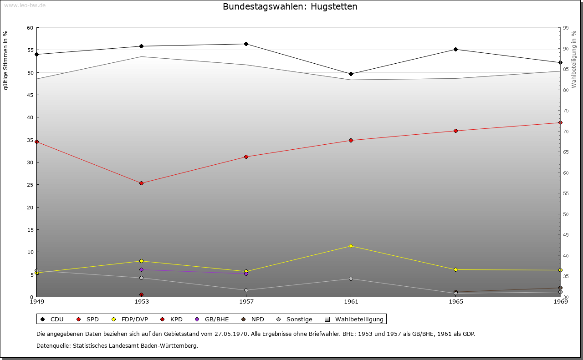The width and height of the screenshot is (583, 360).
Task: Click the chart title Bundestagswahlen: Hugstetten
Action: (x=290, y=7)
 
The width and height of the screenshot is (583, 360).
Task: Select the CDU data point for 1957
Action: (x=246, y=44)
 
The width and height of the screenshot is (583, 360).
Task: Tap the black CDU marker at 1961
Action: (x=351, y=74)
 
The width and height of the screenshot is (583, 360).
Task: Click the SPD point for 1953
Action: (x=141, y=183)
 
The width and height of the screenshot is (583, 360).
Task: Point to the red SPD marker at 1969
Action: (x=560, y=123)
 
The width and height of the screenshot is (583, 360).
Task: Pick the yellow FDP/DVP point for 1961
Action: (x=351, y=246)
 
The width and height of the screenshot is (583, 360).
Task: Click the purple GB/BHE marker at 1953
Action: (x=141, y=270)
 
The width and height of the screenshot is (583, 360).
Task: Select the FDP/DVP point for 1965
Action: (x=455, y=270)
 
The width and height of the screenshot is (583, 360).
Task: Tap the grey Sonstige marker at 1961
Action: (x=351, y=279)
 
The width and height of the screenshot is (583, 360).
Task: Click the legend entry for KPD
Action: (x=172, y=319)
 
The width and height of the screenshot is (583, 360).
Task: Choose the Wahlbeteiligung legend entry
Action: (x=355, y=319)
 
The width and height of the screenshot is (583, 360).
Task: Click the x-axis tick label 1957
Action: (x=246, y=301)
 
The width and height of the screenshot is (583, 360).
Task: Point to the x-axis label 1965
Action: (x=455, y=301)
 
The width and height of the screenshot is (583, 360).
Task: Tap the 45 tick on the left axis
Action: (x=30, y=95)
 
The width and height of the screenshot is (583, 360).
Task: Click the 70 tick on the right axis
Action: (x=566, y=132)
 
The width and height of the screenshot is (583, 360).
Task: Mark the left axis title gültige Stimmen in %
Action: (x=6, y=60)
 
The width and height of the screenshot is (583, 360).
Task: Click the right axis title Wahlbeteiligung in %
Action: (x=574, y=60)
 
